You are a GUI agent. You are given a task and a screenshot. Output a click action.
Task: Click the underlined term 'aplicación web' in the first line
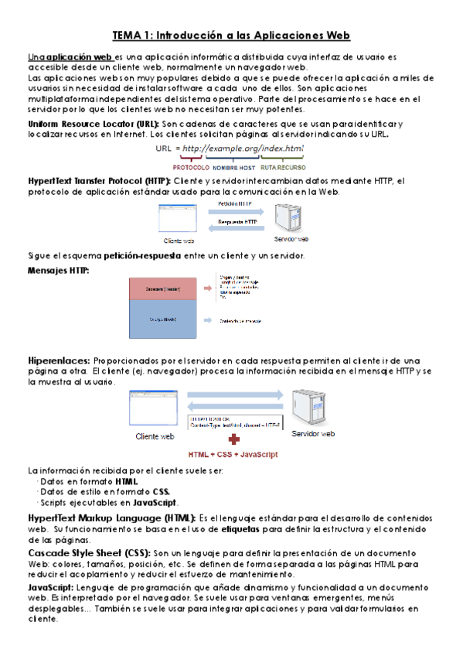[x=80, y=57]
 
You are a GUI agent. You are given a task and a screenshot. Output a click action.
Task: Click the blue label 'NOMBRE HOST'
[x=234, y=167]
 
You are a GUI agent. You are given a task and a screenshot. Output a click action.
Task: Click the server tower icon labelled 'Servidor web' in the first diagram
[x=297, y=217]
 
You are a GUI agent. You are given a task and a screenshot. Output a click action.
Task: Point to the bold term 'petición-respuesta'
[x=146, y=256]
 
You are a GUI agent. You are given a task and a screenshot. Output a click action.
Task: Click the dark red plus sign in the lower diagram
[x=223, y=439]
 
